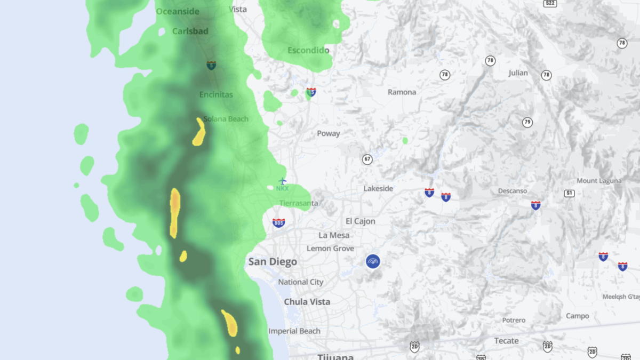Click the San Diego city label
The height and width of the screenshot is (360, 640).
tap(273, 262)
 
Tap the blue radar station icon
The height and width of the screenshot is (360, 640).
tap(373, 261)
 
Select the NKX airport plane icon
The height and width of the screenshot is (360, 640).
tap(283, 181)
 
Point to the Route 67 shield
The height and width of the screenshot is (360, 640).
tap(367, 159)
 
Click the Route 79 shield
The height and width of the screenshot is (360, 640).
tap(527, 123)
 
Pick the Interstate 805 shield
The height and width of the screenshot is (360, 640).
tap(278, 222)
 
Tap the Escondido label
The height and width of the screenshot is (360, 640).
tap(308, 51)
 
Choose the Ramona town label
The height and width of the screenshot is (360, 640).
tap(402, 92)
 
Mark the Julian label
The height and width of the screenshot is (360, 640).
tap(518, 73)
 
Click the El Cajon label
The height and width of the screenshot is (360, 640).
tap(361, 221)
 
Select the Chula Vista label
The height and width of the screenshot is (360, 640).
tap(307, 302)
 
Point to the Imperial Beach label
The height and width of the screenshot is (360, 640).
tap(294, 331)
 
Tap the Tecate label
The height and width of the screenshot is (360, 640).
tap(506, 341)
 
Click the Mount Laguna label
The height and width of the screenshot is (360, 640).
tap(599, 181)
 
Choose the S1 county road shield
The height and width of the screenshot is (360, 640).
tap(570, 193)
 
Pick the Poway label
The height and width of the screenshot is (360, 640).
tap(329, 133)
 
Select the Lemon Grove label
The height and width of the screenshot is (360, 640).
tap(330, 249)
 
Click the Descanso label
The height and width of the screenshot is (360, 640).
tap(513, 191)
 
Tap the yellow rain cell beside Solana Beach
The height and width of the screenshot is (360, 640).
tap(199, 132)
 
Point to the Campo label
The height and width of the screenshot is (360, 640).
tap(577, 316)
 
